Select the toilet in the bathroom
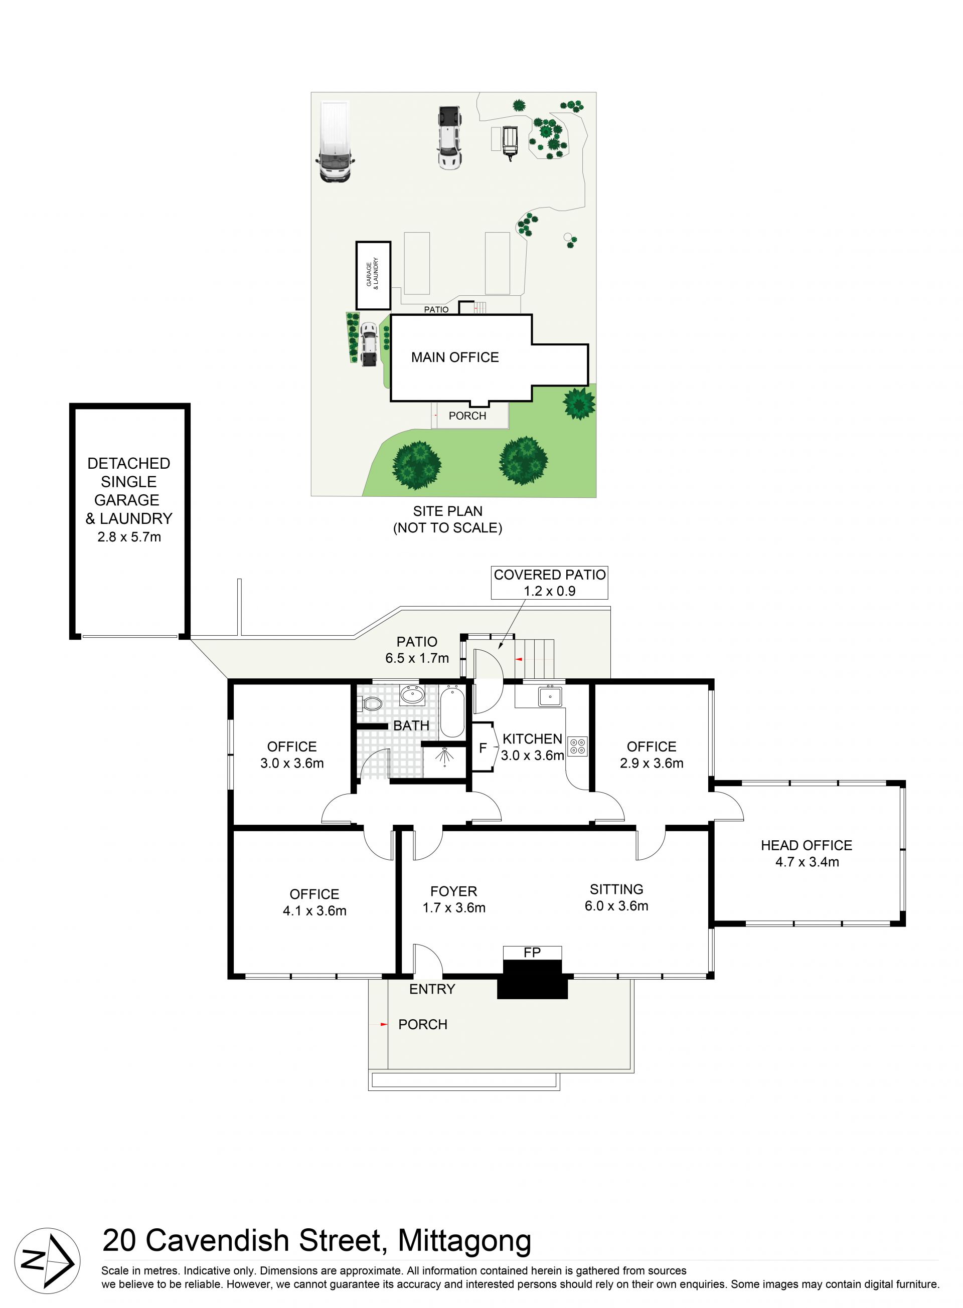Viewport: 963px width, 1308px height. point(370,704)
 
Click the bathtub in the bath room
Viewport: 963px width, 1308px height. point(452,712)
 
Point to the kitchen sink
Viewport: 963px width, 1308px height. point(550,696)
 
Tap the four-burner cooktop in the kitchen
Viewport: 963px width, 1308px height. point(578,747)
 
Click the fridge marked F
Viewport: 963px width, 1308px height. point(483,748)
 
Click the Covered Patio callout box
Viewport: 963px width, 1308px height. point(549,582)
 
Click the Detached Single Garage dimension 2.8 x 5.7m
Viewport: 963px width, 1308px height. point(129,537)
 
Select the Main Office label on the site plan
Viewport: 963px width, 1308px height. point(455,357)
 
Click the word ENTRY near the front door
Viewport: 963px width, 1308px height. point(432,989)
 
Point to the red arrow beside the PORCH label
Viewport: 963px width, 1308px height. point(384,1024)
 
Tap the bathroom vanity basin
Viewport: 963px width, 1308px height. point(412,694)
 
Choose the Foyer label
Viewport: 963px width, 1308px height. point(453,891)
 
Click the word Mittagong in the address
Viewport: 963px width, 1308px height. point(464,1241)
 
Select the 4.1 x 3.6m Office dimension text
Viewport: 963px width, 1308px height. point(315,910)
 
